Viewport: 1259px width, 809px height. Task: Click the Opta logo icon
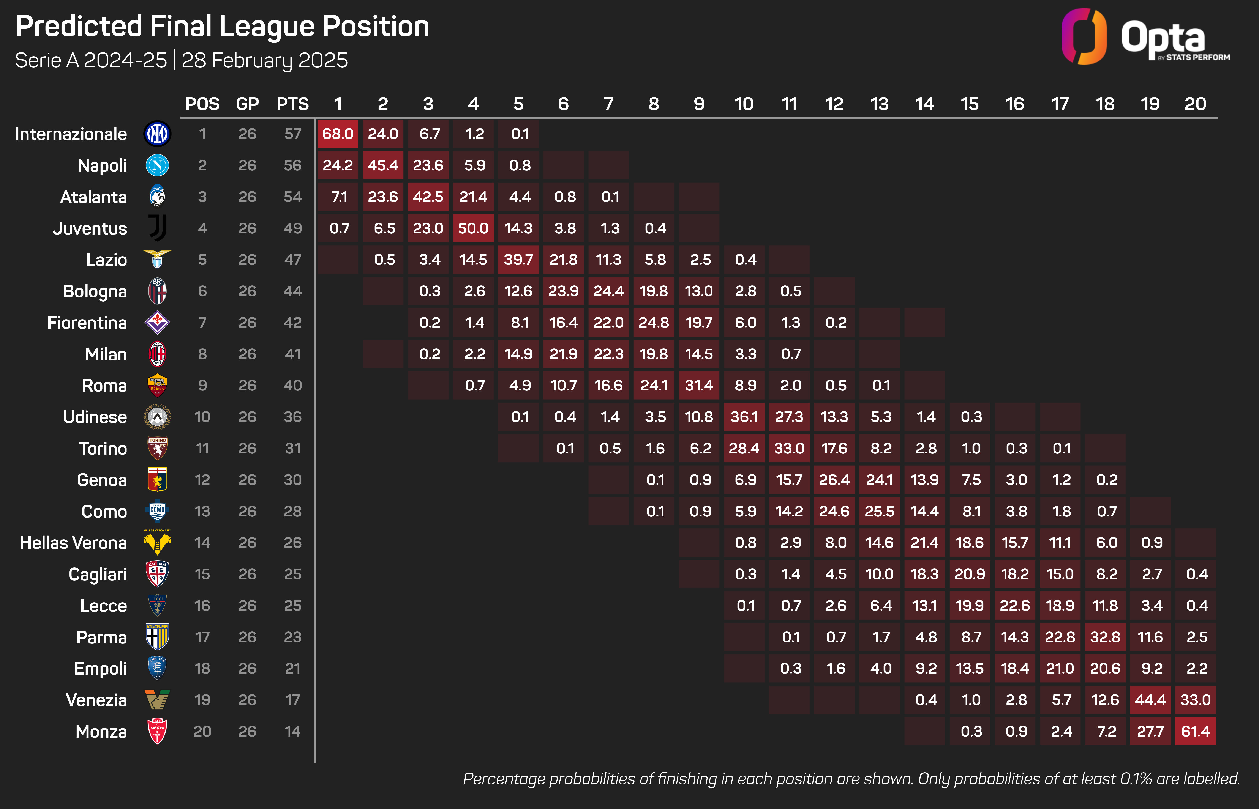(x=1084, y=37)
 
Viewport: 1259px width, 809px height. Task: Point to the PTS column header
(x=293, y=104)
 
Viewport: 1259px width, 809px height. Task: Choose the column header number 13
(x=879, y=104)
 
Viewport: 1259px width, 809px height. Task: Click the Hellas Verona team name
(x=74, y=543)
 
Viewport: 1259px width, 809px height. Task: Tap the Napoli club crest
(x=157, y=165)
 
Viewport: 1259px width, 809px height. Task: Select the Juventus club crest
(x=157, y=228)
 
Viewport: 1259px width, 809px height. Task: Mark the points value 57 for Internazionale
(x=293, y=134)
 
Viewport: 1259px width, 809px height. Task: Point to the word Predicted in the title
(x=79, y=26)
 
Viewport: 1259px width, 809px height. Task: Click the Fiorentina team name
(x=87, y=323)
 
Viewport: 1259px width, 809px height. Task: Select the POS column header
(x=202, y=104)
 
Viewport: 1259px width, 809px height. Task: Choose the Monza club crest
(x=157, y=731)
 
